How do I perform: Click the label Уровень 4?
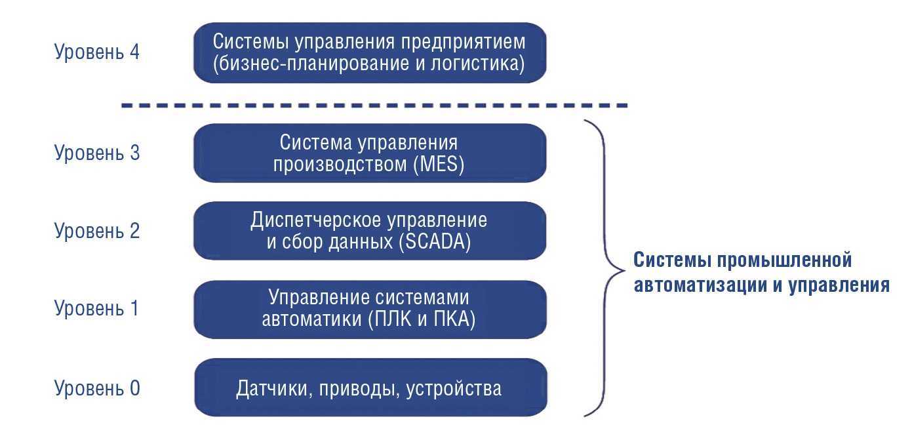pos(96,52)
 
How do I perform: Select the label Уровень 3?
pos(96,153)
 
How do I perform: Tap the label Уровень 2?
pos(96,231)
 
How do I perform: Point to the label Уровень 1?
pos(96,308)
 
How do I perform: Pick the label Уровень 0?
pos(96,388)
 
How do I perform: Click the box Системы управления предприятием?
pos(370,52)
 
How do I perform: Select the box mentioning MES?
pos(370,153)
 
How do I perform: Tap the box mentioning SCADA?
pos(370,230)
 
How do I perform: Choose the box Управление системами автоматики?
pos(370,309)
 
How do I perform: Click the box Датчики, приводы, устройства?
pos(370,388)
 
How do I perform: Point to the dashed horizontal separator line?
pos(374,105)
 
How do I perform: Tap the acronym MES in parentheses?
pos(439,165)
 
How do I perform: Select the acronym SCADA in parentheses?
pos(435,242)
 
